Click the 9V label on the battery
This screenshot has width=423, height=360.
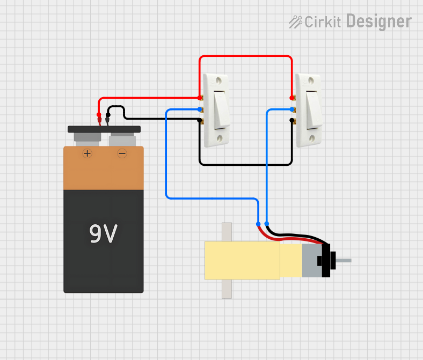(x=103, y=234)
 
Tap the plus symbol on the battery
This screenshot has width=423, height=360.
(x=87, y=153)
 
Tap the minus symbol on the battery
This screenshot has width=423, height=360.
(x=122, y=153)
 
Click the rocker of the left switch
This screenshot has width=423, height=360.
(x=221, y=109)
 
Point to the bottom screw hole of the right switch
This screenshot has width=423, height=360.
(x=311, y=137)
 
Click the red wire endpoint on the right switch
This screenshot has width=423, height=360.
(x=292, y=98)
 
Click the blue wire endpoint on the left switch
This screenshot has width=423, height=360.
(x=200, y=109)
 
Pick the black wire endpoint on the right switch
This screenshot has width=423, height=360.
(x=292, y=121)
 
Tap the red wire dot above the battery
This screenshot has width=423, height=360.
(x=99, y=115)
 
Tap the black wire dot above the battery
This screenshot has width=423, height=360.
(x=108, y=115)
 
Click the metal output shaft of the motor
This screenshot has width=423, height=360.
(x=343, y=261)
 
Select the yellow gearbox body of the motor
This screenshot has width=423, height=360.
(x=242, y=260)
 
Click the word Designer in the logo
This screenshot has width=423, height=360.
(x=378, y=21)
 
